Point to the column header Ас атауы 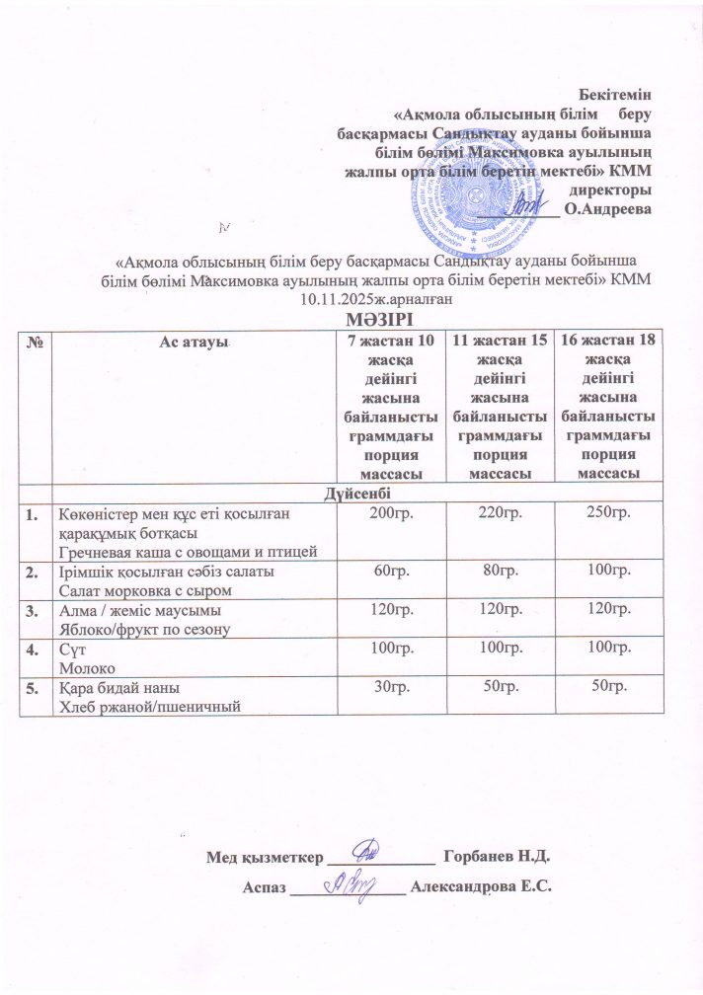point(193,341)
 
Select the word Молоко point(85,666)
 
